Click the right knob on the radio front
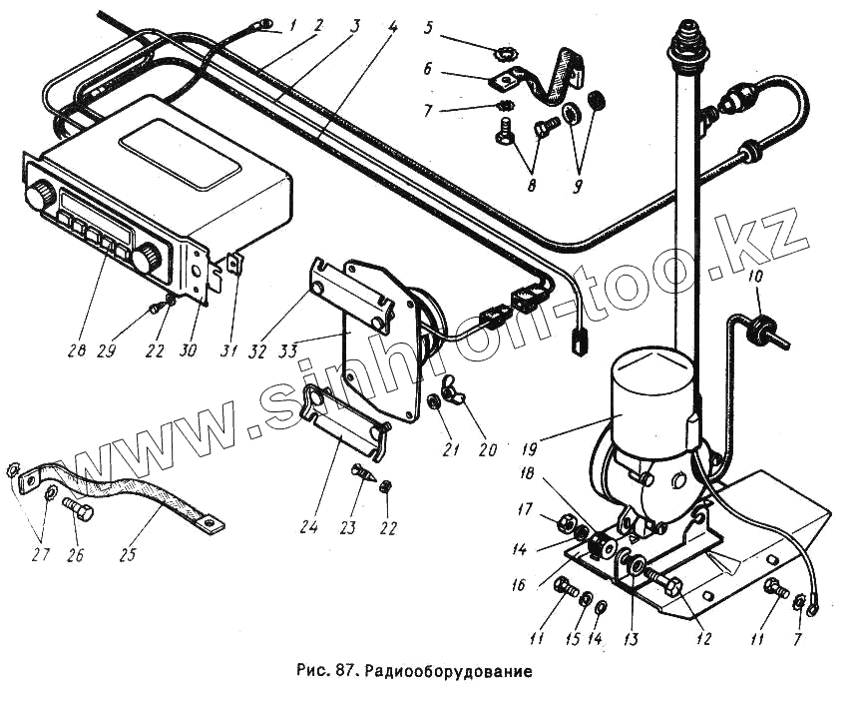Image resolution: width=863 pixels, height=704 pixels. pos(147,259)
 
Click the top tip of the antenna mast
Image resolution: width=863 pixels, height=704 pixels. pos(686,24)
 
